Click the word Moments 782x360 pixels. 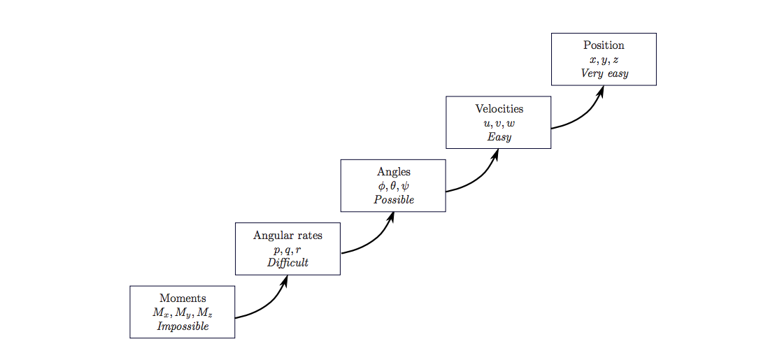click(x=183, y=298)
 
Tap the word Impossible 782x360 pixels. click(x=183, y=326)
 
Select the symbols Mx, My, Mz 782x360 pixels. click(x=183, y=312)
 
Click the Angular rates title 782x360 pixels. click(x=287, y=236)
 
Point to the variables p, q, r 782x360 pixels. click(x=287, y=250)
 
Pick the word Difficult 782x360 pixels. click(x=287, y=263)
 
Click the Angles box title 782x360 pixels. click(x=393, y=172)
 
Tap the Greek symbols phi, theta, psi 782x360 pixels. click(x=393, y=186)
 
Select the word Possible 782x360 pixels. click(x=393, y=200)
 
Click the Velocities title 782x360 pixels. click(x=499, y=109)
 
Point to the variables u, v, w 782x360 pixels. click(x=499, y=123)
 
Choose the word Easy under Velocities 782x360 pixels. click(x=499, y=137)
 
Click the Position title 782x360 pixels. click(x=604, y=46)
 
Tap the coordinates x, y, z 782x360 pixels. click(x=604, y=60)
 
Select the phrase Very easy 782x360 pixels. click(x=604, y=74)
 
